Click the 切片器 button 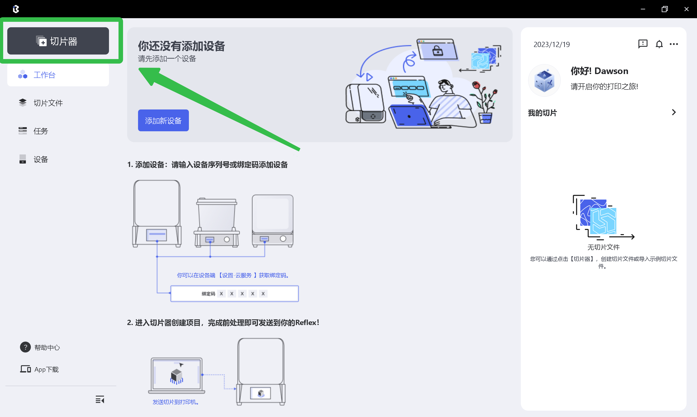pos(58,41)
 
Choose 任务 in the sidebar pos(40,131)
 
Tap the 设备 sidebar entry pos(40,159)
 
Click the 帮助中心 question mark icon pos(25,347)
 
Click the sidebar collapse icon pos(100,400)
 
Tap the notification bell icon pos(659,44)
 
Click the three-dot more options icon pos(674,44)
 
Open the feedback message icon pos(643,44)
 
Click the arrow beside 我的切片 pos(674,112)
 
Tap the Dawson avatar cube pos(544,81)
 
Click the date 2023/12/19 pos(551,44)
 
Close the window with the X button pos(686,9)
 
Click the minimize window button pos(643,9)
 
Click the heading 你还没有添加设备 pos(181,46)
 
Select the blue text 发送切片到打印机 pos(175,402)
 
